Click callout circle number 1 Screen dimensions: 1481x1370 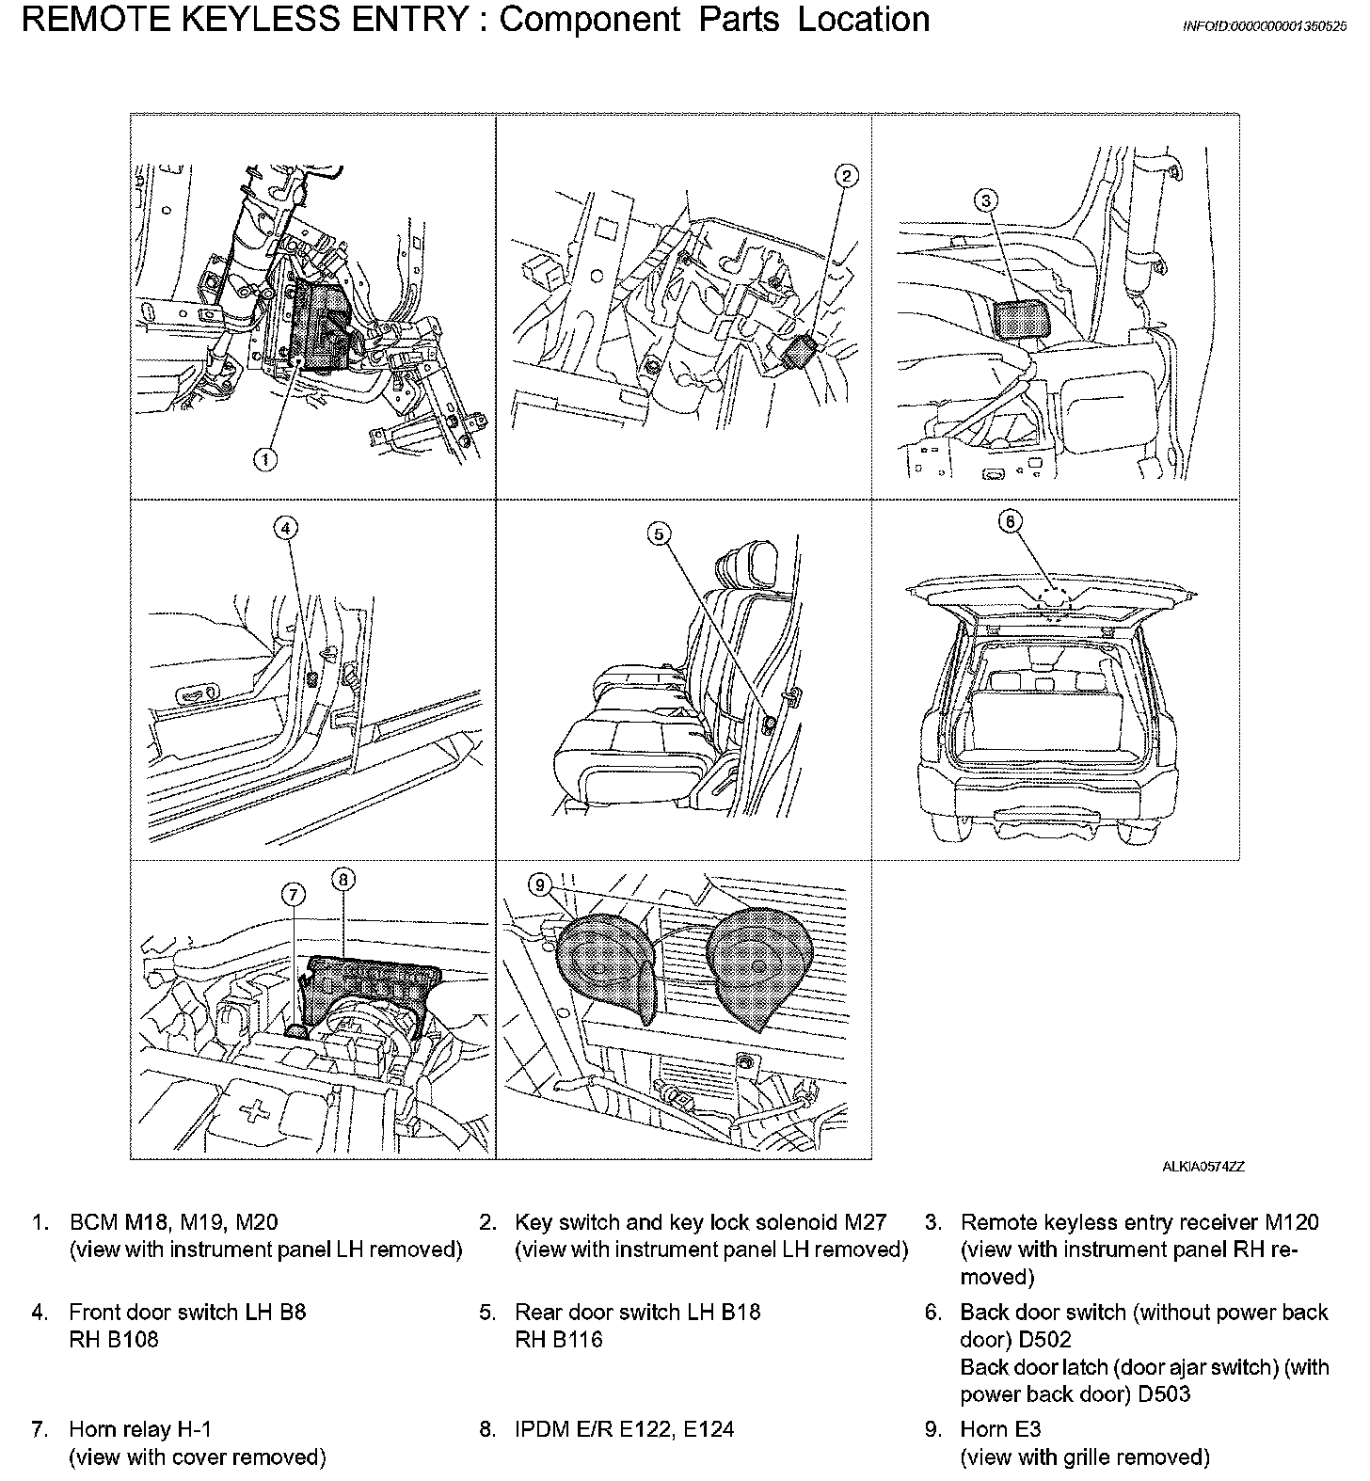pyautogui.click(x=266, y=459)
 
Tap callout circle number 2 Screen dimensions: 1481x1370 pyautogui.click(x=846, y=175)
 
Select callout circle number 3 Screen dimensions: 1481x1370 pyautogui.click(x=985, y=200)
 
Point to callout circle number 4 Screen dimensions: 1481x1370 pyautogui.click(x=286, y=528)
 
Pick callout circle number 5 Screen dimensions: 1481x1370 pyautogui.click(x=660, y=533)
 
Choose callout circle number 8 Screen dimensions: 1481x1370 pyautogui.click(x=342, y=880)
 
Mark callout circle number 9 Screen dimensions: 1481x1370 pyautogui.click(x=539, y=884)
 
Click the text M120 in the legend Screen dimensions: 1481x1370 pyautogui.click(x=1291, y=1222)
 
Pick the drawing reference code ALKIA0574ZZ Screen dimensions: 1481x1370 pyautogui.click(x=1203, y=1167)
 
